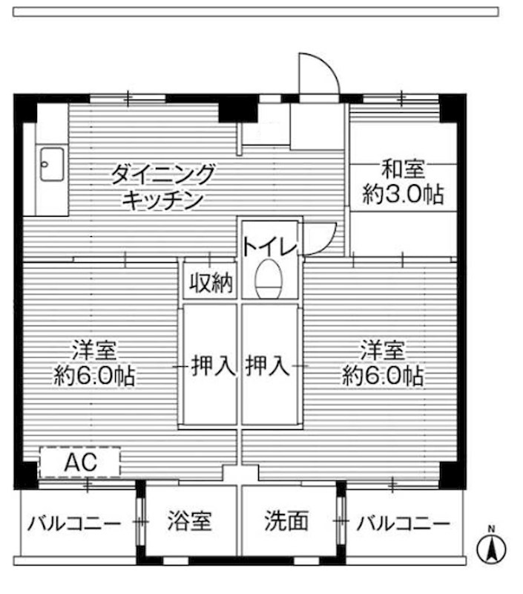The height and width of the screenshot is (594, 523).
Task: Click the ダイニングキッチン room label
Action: (162, 186)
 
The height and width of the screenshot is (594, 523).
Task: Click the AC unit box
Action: (79, 462)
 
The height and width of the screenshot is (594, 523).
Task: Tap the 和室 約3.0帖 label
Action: (403, 183)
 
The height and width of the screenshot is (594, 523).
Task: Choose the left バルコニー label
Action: (73, 523)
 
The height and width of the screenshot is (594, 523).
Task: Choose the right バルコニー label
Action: (402, 523)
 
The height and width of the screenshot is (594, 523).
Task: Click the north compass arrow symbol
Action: (490, 550)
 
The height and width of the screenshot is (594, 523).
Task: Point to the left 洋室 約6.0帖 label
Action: (93, 363)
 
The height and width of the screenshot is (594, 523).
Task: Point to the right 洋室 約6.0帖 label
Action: (383, 363)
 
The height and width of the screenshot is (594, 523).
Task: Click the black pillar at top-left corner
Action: (26, 108)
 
